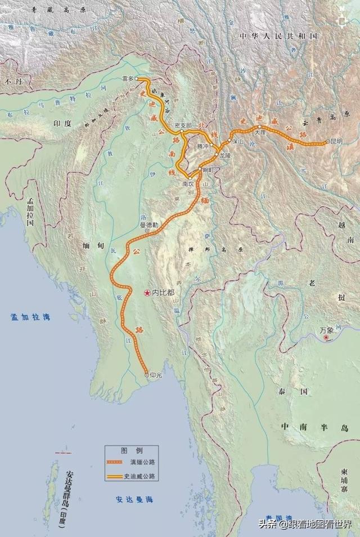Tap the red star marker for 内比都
point(146,293)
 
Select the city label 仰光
point(156,374)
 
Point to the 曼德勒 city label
point(149,225)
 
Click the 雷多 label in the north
point(128,79)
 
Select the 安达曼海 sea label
point(135,499)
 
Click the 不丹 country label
point(12,82)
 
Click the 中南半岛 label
point(315,428)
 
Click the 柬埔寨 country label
point(344,484)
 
